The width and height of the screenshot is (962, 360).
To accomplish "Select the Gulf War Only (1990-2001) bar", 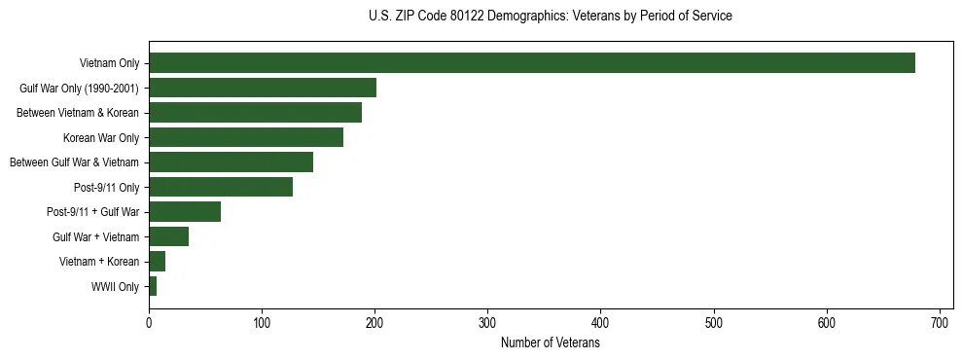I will pyautogui.click(x=262, y=88).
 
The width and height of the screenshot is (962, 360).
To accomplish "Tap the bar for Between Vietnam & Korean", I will pyautogui.click(x=255, y=113).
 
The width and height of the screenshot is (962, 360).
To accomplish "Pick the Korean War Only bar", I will pyautogui.click(x=245, y=137).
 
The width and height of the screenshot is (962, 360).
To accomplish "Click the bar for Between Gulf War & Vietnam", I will pyautogui.click(x=231, y=162).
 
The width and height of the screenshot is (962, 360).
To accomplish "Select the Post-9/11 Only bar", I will pyautogui.click(x=221, y=187).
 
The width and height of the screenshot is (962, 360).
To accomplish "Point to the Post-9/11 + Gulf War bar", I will pyautogui.click(x=185, y=212).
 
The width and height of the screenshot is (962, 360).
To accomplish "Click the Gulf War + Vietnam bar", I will pyautogui.click(x=168, y=236).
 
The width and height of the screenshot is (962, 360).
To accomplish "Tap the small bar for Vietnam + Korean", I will pyautogui.click(x=157, y=262).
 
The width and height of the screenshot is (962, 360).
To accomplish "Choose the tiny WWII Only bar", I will pyautogui.click(x=153, y=286).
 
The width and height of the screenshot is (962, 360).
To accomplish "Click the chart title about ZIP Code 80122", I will pyautogui.click(x=551, y=17).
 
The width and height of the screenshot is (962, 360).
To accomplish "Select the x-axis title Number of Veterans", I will pyautogui.click(x=551, y=343).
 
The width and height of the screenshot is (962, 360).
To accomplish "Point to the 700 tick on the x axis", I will pyautogui.click(x=941, y=322).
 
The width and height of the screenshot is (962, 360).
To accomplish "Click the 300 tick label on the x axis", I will pyautogui.click(x=488, y=322).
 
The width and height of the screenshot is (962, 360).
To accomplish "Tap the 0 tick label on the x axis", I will pyautogui.click(x=149, y=322).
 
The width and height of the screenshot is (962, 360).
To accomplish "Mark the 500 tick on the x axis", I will pyautogui.click(x=714, y=322).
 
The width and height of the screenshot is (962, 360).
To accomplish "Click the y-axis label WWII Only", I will pyautogui.click(x=115, y=287).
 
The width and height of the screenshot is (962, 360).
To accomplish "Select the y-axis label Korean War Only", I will pyautogui.click(x=101, y=138).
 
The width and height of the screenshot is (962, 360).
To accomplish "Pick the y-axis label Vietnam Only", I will pyautogui.click(x=109, y=64).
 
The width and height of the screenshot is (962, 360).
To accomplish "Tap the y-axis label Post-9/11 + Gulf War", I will pyautogui.click(x=92, y=212).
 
